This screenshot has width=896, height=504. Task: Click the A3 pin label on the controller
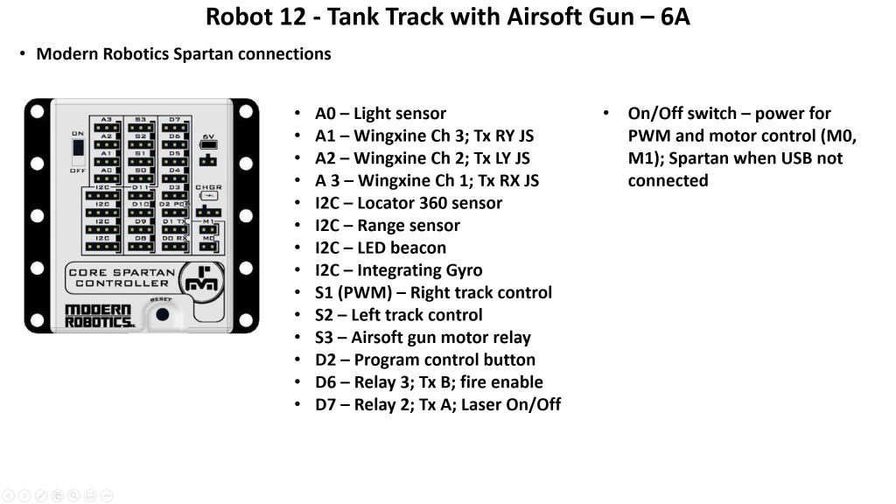click(106, 119)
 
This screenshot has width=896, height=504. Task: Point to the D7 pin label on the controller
click(175, 119)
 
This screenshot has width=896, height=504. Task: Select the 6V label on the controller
click(208, 136)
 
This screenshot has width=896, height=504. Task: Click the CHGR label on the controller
click(208, 187)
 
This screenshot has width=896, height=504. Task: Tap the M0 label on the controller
click(208, 238)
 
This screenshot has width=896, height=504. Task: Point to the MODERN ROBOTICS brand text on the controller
click(99, 316)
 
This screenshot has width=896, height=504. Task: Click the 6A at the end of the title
click(675, 17)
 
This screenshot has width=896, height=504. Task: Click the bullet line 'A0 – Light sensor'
click(381, 114)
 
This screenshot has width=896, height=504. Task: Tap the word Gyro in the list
click(463, 270)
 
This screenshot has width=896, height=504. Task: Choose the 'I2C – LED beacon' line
click(381, 248)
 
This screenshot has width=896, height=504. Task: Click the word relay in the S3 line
click(511, 338)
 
